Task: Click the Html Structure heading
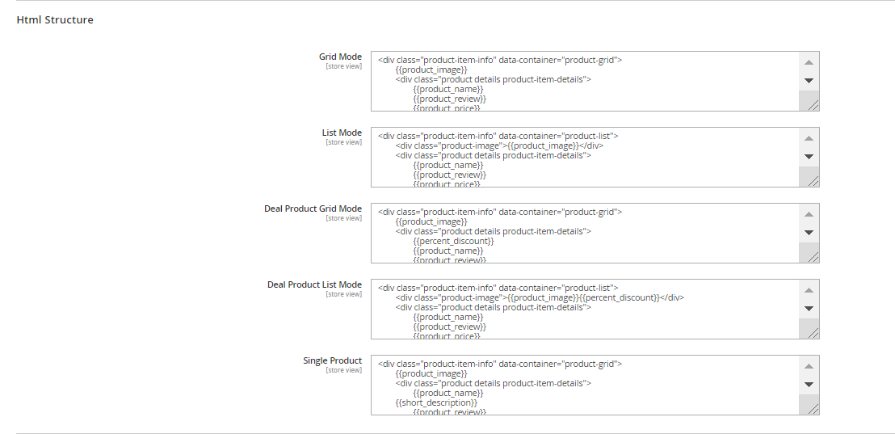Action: (55, 19)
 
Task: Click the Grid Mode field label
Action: (340, 57)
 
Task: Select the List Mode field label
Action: (342, 133)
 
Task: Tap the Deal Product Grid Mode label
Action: (313, 209)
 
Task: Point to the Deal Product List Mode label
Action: (314, 284)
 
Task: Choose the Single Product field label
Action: (332, 360)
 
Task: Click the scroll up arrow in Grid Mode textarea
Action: (809, 62)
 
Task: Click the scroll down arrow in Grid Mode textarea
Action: (809, 81)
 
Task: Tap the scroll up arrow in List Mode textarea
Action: (809, 138)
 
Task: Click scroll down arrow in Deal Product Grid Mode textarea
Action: (809, 233)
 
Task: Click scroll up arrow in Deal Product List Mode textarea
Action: (809, 290)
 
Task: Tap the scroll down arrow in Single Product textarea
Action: (809, 385)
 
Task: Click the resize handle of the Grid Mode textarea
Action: (813, 104)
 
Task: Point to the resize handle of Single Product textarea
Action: (813, 408)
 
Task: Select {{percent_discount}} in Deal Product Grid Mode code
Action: (453, 241)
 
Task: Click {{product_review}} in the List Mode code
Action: (449, 175)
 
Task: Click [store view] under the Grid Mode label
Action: (343, 66)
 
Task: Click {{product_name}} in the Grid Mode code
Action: (448, 89)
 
